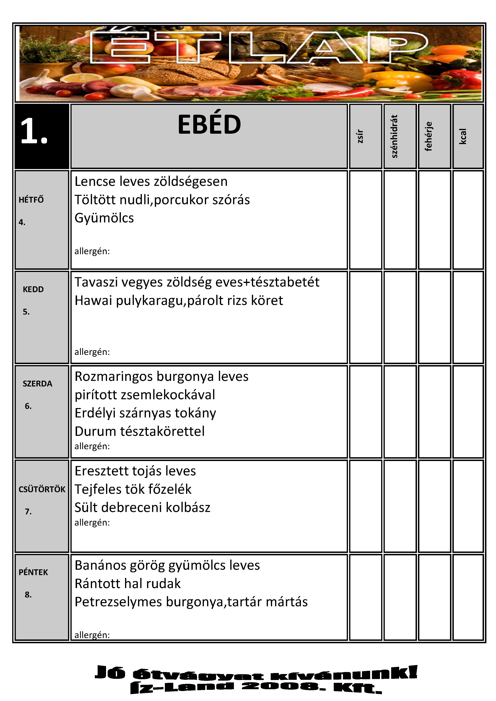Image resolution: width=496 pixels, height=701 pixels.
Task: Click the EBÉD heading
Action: [x=209, y=125]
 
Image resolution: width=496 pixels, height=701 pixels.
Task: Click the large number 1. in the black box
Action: [x=34, y=131]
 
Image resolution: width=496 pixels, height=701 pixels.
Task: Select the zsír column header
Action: [x=360, y=136]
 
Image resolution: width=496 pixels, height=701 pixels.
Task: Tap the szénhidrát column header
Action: [x=395, y=136]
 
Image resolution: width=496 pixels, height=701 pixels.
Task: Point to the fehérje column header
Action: [x=429, y=136]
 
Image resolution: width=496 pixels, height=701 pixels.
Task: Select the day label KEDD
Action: [x=33, y=289]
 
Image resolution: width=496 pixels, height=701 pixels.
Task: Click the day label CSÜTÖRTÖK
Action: [x=42, y=489]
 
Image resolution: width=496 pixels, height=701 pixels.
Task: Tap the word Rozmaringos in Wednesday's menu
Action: [x=114, y=377]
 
